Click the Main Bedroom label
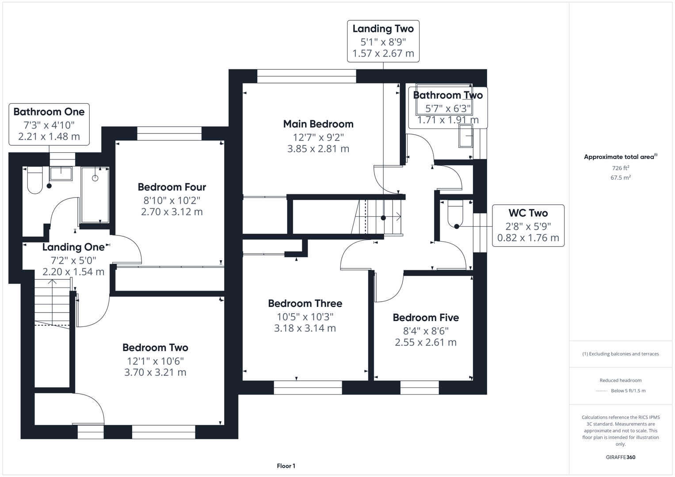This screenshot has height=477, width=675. point(318,124)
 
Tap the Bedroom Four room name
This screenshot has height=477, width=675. point(172,187)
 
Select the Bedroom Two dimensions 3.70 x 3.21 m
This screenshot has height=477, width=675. point(155,372)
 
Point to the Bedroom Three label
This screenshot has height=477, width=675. point(305,303)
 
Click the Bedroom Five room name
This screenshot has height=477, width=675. point(426,318)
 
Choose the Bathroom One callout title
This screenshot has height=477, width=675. point(49,112)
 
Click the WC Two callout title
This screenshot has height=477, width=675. point(528,213)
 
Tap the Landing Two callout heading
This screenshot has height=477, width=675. point(383,29)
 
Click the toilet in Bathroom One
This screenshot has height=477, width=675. point(35,180)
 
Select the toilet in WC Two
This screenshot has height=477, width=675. point(455,213)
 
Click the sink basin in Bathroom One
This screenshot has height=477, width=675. point(61,174)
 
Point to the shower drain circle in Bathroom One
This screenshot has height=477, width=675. point(95,178)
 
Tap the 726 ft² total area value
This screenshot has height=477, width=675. point(621,168)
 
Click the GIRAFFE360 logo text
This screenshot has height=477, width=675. point(621,457)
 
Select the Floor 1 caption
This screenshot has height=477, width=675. point(286,466)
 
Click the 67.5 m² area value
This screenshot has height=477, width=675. point(621,178)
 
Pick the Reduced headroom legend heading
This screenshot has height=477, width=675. point(621,380)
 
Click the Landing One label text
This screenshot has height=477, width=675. point(73,247)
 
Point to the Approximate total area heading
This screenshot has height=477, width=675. point(620,157)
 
